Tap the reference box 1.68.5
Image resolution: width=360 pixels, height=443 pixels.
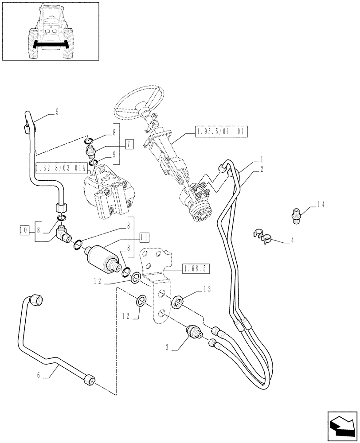[x=196, y=268]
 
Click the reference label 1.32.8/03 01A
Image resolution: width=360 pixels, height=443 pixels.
[x=58, y=167]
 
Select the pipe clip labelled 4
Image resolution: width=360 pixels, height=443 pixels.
[x=264, y=237]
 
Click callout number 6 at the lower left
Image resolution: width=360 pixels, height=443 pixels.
[x=39, y=375]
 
